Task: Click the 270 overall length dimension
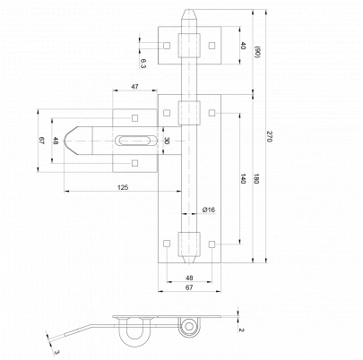click(269, 137)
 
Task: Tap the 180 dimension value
click(256, 178)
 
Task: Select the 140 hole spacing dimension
click(243, 178)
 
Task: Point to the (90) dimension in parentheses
click(256, 52)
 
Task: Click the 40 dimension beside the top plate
click(243, 46)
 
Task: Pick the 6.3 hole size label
click(143, 64)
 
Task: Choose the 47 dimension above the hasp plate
click(134, 87)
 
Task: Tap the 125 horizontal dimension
click(123, 187)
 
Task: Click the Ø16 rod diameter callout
click(209, 210)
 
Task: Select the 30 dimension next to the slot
click(167, 141)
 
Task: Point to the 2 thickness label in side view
click(241, 330)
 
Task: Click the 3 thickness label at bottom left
click(56, 353)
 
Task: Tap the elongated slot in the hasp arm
click(135, 141)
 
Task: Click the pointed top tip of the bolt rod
click(189, 10)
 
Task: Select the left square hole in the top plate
click(167, 46)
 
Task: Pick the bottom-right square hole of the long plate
click(212, 244)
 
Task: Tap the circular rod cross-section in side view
click(188, 326)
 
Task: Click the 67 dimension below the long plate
click(189, 287)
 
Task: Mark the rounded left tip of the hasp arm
click(65, 141)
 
